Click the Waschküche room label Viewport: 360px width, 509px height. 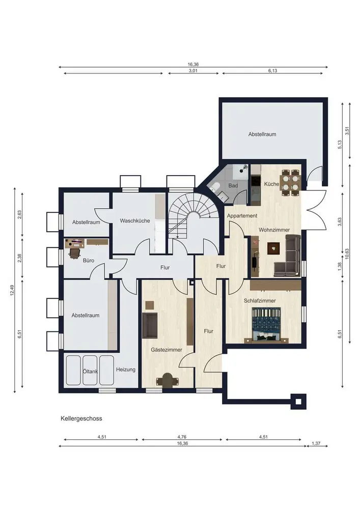[135, 221]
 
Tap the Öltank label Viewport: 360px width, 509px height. [90, 372]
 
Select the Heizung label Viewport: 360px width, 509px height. [126, 370]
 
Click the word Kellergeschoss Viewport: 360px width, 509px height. [81, 418]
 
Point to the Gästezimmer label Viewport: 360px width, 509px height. [166, 350]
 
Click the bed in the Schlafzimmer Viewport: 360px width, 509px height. [266, 325]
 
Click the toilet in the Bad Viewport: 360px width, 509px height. [214, 187]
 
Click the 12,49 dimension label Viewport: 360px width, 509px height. [12, 291]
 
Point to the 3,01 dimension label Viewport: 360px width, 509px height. [193, 71]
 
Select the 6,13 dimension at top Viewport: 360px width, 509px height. [273, 71]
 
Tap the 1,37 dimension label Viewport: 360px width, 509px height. [316, 443]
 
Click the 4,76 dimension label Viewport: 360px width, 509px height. [182, 437]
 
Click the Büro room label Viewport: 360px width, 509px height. [89, 260]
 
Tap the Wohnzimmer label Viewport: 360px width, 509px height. [274, 230]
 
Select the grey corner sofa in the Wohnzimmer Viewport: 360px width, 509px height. [287, 256]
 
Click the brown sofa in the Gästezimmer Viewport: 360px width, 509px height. [150, 325]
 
